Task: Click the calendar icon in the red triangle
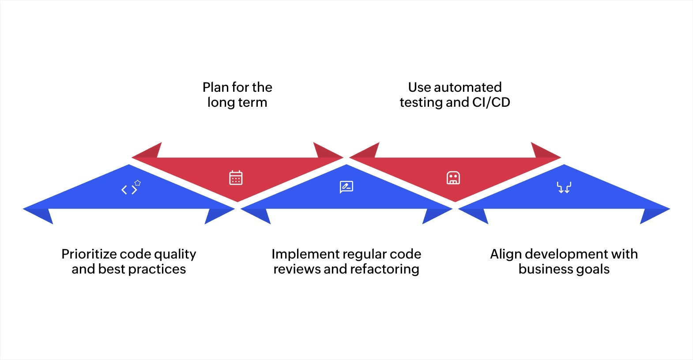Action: [x=236, y=177]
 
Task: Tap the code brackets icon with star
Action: [x=131, y=188]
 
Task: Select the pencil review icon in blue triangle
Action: [x=346, y=187]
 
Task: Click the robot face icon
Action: [x=453, y=178]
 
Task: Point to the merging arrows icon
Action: [x=564, y=187]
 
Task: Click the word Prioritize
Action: [x=89, y=254]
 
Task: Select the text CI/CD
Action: [x=491, y=102]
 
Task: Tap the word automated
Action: [x=468, y=87]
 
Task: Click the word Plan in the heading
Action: [x=215, y=87]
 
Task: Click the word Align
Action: [x=506, y=254]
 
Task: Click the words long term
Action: [x=237, y=102]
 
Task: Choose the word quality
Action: [x=175, y=254]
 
